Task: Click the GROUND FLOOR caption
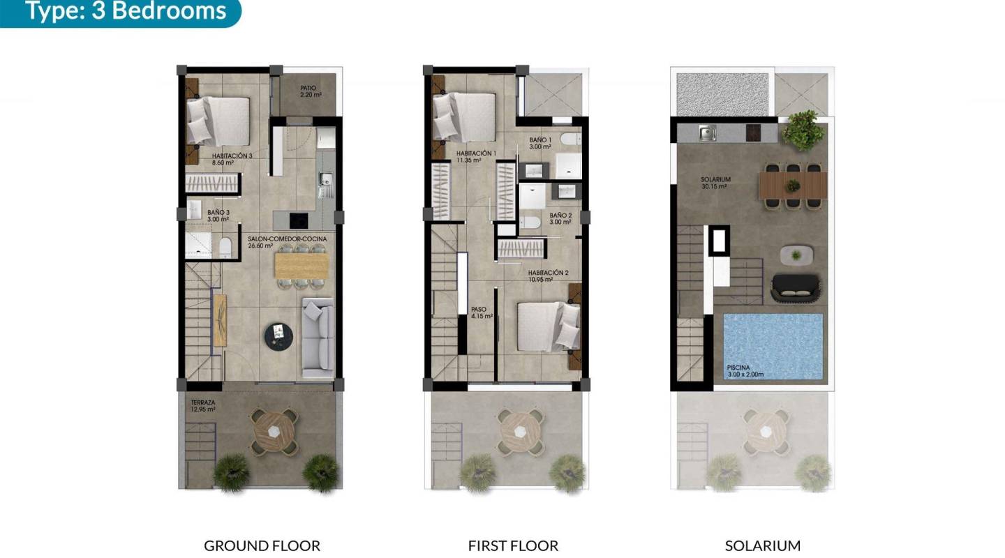(262, 545)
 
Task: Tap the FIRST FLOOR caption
(513, 545)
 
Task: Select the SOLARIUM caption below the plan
(762, 545)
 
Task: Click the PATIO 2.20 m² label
(308, 91)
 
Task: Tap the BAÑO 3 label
(218, 215)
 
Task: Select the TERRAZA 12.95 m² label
(203, 406)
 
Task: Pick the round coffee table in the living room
(278, 335)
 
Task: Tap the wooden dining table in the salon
(301, 265)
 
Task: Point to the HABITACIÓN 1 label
(476, 156)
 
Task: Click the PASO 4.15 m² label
(482, 312)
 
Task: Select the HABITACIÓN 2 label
(549, 276)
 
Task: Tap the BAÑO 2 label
(560, 218)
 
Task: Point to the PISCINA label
(740, 370)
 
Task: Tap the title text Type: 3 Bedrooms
(126, 11)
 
